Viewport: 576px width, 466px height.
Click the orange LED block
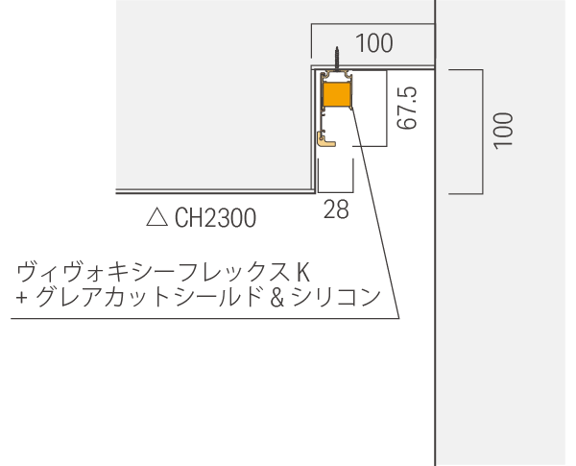coord(336,94)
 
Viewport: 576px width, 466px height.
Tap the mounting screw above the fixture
coord(337,60)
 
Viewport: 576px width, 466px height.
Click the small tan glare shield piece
coord(326,139)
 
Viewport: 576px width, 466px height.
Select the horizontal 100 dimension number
coord(373,43)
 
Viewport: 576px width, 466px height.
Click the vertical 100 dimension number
coord(502,130)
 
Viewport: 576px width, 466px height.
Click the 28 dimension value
coord(336,209)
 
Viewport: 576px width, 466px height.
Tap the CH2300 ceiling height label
coord(215,219)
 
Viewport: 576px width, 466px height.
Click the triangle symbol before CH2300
coord(156,218)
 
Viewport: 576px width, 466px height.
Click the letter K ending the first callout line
coord(303,271)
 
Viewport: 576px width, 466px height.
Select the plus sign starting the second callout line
coord(20,299)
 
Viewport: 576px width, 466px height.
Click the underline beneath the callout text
coord(192,319)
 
